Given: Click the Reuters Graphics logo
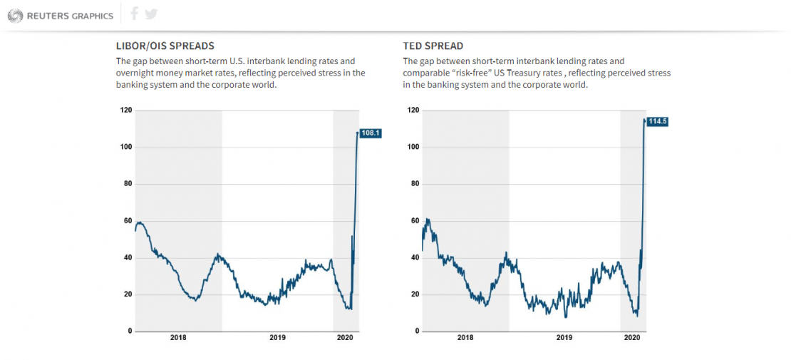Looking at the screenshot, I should point(60,15).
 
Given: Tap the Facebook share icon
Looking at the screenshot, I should point(135,14).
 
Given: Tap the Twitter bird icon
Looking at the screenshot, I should point(150,14).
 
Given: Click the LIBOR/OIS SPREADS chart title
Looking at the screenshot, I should point(165,46).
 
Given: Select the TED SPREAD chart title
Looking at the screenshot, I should point(433,46).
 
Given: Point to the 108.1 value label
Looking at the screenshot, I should point(371,133).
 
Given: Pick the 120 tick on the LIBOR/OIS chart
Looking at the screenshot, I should point(125,110).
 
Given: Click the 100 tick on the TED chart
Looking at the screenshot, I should point(413,147).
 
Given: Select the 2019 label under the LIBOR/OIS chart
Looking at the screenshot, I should point(277,338).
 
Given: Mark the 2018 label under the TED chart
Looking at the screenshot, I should point(465,338).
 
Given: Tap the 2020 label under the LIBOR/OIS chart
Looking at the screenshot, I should point(346,338).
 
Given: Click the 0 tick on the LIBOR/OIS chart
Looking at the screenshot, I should point(129,331).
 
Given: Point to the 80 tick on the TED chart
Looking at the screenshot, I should point(414,184).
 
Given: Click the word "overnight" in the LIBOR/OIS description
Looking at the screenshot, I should point(136,73).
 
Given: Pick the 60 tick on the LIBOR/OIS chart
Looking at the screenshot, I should point(127,221).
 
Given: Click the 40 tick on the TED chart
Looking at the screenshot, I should point(414,257).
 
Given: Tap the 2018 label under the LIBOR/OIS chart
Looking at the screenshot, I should point(178,338).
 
